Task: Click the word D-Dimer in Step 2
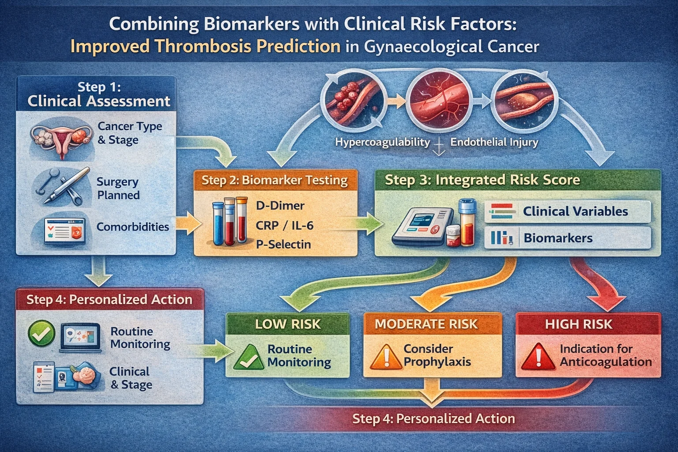[280, 206]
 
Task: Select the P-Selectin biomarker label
[283, 244]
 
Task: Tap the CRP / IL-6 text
[284, 225]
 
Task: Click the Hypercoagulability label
[382, 142]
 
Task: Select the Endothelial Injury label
[494, 142]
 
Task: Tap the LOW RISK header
[288, 324]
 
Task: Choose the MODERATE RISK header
[426, 324]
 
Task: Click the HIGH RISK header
[578, 324]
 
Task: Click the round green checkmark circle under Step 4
[41, 334]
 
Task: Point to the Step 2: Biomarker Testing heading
[275, 180]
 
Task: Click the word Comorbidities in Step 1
[132, 227]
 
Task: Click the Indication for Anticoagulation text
[605, 355]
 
